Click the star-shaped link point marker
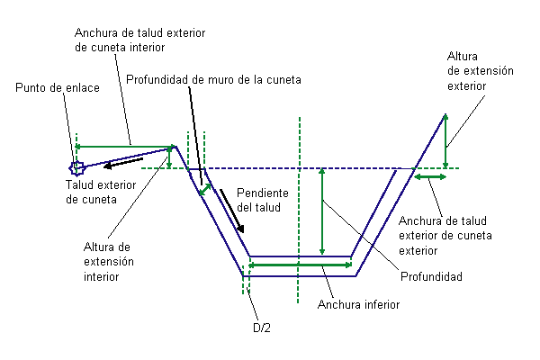point(76,168)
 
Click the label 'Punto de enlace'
point(58,88)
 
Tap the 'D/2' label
point(262,328)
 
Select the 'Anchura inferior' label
point(358,304)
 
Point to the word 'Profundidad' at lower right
point(431,276)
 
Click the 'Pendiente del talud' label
point(263,200)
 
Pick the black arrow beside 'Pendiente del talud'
point(232,211)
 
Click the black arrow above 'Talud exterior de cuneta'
point(123,163)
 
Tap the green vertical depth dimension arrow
point(322,211)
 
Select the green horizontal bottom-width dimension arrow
point(301,265)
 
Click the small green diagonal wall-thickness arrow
point(205,190)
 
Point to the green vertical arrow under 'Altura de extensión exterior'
point(445,141)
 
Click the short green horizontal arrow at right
point(430,177)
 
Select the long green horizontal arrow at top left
point(124,147)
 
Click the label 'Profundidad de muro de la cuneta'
point(213,80)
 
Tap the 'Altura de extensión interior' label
point(109,262)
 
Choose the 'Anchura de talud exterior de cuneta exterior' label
point(445,236)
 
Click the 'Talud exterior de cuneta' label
point(101,193)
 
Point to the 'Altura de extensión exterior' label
point(481,71)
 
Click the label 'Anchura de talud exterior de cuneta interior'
point(139,40)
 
